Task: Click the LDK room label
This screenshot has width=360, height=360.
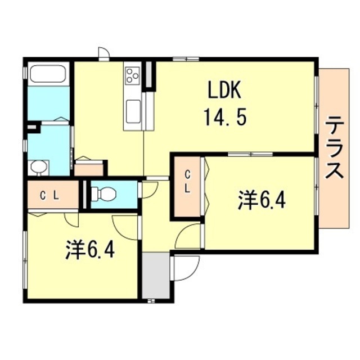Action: point(224,90)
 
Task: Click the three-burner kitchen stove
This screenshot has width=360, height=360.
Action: point(133,75)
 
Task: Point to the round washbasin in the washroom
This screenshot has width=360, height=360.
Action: point(38,167)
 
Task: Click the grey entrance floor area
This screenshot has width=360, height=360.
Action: point(156,276)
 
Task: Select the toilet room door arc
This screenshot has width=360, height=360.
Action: point(147,190)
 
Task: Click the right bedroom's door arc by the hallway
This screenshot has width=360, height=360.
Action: point(188,236)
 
